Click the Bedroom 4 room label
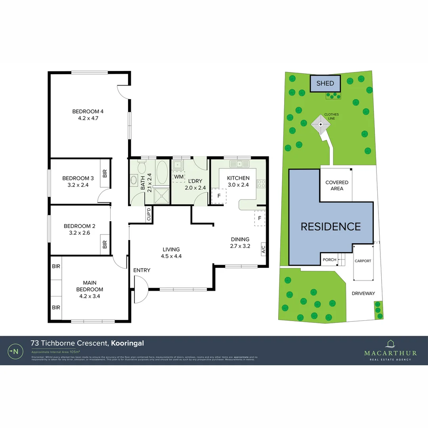(88, 111)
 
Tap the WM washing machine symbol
(179, 176)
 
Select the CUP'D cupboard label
(149, 214)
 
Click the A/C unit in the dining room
(263, 248)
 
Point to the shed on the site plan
(325, 84)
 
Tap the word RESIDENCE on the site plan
(331, 227)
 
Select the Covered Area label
(336, 185)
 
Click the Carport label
(363, 261)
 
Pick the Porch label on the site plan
(329, 260)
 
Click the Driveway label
(363, 293)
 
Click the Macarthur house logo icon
(390, 344)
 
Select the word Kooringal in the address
(127, 343)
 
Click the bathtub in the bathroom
(162, 173)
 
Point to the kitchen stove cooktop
(261, 183)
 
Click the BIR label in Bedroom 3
(105, 173)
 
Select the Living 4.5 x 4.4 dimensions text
(171, 256)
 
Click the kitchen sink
(239, 163)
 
